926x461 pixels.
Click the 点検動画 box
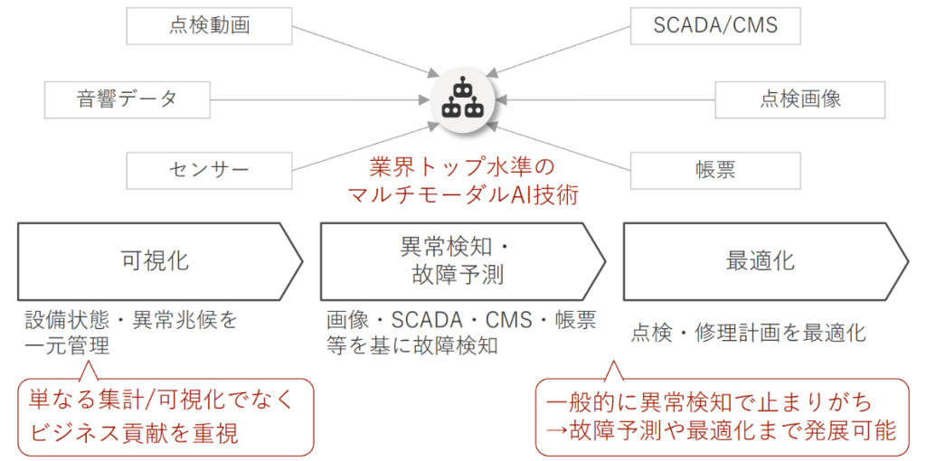210,26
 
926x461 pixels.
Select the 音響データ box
127,99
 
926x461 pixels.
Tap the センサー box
210,169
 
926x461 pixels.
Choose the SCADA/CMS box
715,26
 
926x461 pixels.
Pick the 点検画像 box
799,99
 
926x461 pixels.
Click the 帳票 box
715,169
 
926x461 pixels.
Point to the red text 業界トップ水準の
462,168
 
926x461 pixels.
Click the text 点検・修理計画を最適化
748,333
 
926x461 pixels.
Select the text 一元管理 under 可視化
67,345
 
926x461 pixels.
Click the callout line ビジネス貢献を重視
133,433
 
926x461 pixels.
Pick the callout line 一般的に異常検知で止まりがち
722,400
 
